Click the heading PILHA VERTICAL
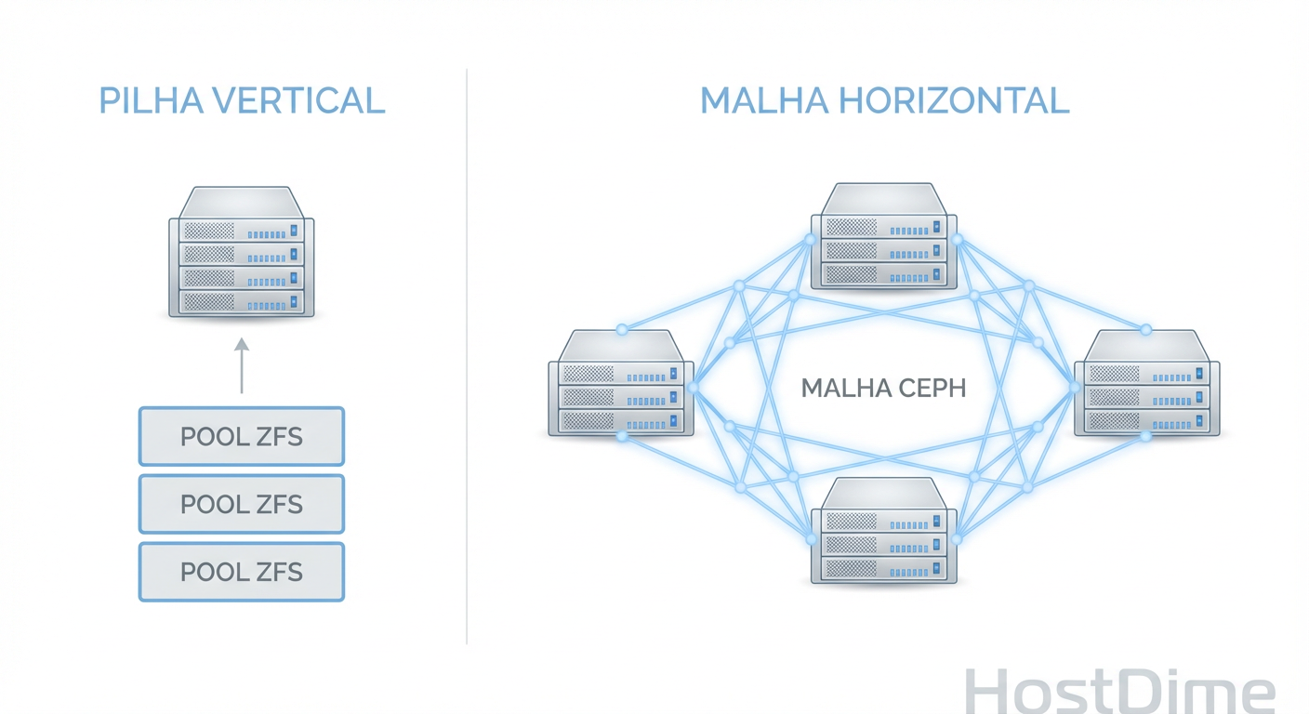[x=242, y=100]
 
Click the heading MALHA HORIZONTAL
[x=884, y=100]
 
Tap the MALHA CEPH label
[x=883, y=388]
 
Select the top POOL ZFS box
[x=242, y=436]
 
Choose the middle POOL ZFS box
[x=242, y=504]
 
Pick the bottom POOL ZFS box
[x=242, y=572]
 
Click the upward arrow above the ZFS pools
[x=242, y=365]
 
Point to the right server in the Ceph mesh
[x=1146, y=383]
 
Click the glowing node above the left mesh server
[x=622, y=329]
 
